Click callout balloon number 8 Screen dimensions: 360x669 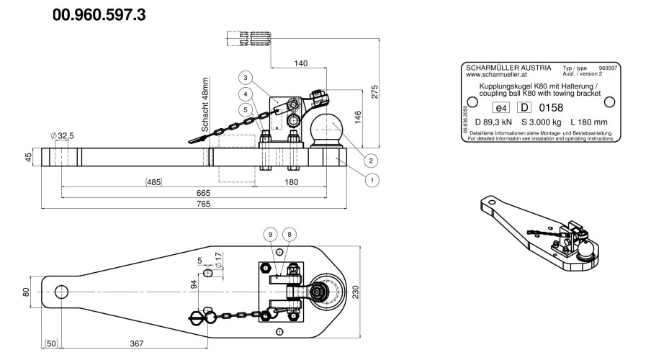[x=289, y=234]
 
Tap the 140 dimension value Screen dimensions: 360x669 [x=300, y=64]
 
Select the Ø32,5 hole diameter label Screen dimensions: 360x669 [x=63, y=136]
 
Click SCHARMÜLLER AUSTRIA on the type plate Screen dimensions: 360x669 [x=508, y=66]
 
